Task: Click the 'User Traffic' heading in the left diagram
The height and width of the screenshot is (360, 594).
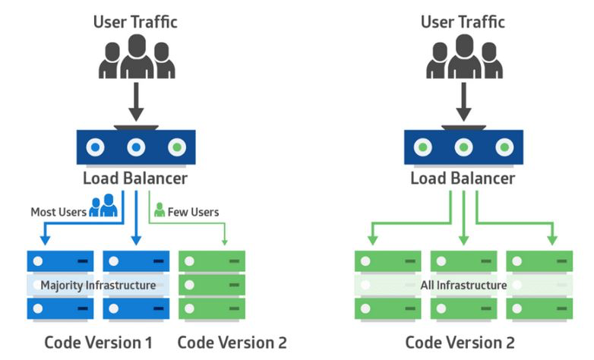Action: point(135,21)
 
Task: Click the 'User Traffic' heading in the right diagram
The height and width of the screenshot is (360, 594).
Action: point(463,21)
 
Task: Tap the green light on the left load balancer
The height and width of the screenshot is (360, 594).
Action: point(176,147)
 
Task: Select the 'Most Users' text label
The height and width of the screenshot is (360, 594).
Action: point(58,211)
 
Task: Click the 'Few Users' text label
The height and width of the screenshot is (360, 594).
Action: point(193,211)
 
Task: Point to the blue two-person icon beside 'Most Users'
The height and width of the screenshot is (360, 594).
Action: point(103,206)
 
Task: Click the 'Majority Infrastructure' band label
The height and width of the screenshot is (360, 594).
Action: point(98,285)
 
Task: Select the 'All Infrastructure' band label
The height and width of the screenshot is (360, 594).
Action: point(463,285)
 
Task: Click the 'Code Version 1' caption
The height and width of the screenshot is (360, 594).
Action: point(98,342)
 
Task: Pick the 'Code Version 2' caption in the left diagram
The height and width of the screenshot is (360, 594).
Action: point(232,342)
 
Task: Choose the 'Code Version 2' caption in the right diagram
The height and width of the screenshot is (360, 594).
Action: point(463,342)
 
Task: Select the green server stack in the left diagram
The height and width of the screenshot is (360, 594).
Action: point(212,285)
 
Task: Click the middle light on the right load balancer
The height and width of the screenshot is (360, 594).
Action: point(463,147)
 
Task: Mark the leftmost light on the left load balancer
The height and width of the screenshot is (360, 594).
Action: point(96,147)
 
